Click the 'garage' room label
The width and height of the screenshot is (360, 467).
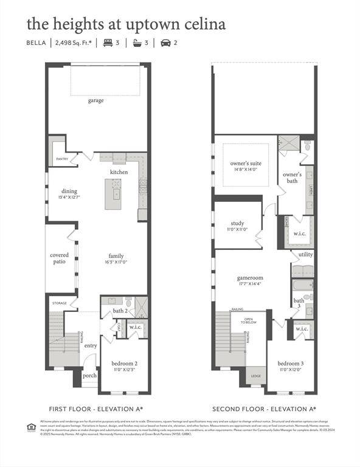tap(95, 100)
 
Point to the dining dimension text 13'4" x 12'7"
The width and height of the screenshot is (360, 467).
tap(69, 197)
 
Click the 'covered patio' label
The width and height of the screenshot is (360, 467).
tap(59, 258)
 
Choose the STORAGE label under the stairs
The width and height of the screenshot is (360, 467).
tap(59, 302)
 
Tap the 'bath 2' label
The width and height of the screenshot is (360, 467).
tap(120, 311)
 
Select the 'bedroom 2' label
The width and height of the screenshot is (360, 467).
tap(123, 363)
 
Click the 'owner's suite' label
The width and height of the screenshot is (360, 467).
tap(246, 164)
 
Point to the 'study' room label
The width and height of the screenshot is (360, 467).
tap(237, 223)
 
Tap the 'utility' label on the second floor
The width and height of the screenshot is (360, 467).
tap(305, 254)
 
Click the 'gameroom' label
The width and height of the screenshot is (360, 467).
tap(249, 278)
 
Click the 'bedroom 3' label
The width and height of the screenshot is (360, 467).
tap(290, 363)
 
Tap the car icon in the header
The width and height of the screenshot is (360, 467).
tap(165, 43)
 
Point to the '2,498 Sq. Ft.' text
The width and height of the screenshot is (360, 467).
tap(74, 43)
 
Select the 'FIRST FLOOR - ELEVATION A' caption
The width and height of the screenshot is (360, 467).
tap(95, 409)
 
